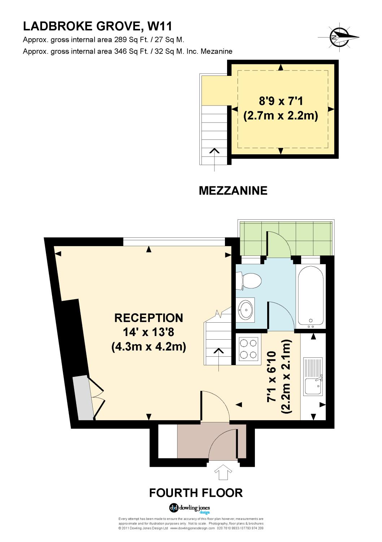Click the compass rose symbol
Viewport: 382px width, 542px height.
click(x=339, y=37)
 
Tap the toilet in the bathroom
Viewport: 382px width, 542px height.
click(x=249, y=281)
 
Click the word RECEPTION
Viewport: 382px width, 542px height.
click(x=149, y=318)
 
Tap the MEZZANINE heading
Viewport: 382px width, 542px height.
click(x=233, y=190)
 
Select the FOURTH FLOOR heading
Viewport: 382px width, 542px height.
click(x=196, y=492)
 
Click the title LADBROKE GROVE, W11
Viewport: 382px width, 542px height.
click(x=97, y=26)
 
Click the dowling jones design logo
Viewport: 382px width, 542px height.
click(x=190, y=508)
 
